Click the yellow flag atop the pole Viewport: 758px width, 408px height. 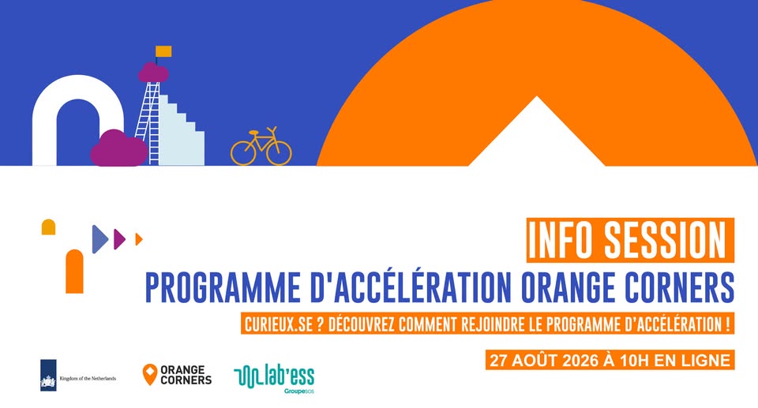coord(163,51)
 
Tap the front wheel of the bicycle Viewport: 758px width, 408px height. coord(279,153)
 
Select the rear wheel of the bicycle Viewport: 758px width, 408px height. coord(243,153)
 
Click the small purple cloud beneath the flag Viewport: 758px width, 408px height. coord(153,73)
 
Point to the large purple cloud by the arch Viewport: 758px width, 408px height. coord(119,148)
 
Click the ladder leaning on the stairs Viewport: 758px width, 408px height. coord(148,123)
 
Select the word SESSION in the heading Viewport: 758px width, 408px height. coord(665,240)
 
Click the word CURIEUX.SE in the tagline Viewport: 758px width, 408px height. coord(279,324)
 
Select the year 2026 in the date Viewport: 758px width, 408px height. coord(581,360)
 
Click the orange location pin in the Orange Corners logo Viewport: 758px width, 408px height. coord(150,375)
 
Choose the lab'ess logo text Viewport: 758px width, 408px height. coord(290,376)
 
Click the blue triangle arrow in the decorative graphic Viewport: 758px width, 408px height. coord(100,239)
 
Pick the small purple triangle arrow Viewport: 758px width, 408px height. coord(119,239)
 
